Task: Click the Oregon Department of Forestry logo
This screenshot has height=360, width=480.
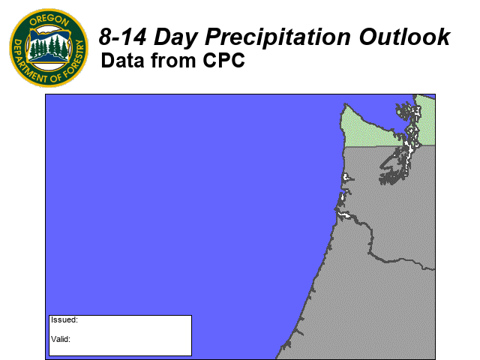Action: [x=49, y=48]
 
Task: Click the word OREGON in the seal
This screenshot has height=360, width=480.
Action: [x=49, y=20]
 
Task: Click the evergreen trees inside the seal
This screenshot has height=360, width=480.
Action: [x=49, y=46]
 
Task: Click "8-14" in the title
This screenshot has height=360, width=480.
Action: [x=122, y=37]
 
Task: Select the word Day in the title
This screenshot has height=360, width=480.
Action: [x=175, y=38]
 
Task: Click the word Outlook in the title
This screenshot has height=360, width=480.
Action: [x=404, y=37]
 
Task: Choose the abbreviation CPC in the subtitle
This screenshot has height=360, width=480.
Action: [x=223, y=60]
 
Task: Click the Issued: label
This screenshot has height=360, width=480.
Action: [x=64, y=320]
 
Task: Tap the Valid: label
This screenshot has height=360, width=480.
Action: [x=61, y=339]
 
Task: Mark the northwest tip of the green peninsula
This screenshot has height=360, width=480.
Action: [x=345, y=104]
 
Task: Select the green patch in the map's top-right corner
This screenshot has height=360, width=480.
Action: [x=426, y=120]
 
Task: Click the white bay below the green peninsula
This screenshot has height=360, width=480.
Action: [x=346, y=177]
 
